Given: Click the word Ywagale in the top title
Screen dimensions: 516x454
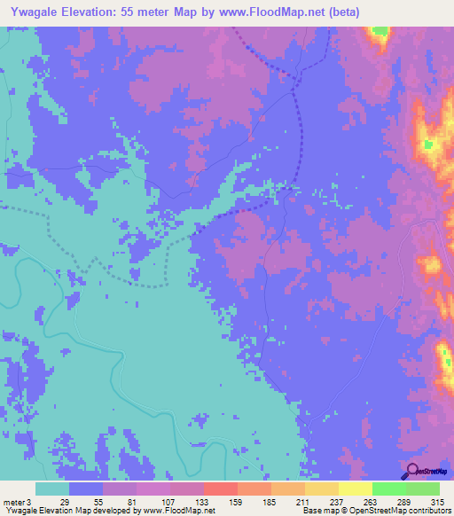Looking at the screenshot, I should click(37, 12).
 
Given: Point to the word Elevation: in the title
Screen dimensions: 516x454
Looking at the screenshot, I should click(104, 12).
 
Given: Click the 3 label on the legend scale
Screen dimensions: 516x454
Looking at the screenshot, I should click(29, 502).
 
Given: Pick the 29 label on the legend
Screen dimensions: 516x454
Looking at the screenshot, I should click(64, 502).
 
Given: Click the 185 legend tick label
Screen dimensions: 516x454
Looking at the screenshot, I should click(271, 502).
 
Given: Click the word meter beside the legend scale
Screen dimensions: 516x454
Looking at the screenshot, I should click(14, 502).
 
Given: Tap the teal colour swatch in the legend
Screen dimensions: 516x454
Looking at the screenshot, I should click(51, 489).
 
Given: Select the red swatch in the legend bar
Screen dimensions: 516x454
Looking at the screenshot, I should click(220, 489).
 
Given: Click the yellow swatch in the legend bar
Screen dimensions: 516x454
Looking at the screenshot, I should click(355, 489).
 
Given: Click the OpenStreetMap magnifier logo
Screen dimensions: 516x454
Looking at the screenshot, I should click(411, 471).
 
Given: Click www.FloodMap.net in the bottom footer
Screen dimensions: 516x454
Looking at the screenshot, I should click(176, 512).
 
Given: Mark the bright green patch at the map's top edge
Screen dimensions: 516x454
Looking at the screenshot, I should click(380, 32).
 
